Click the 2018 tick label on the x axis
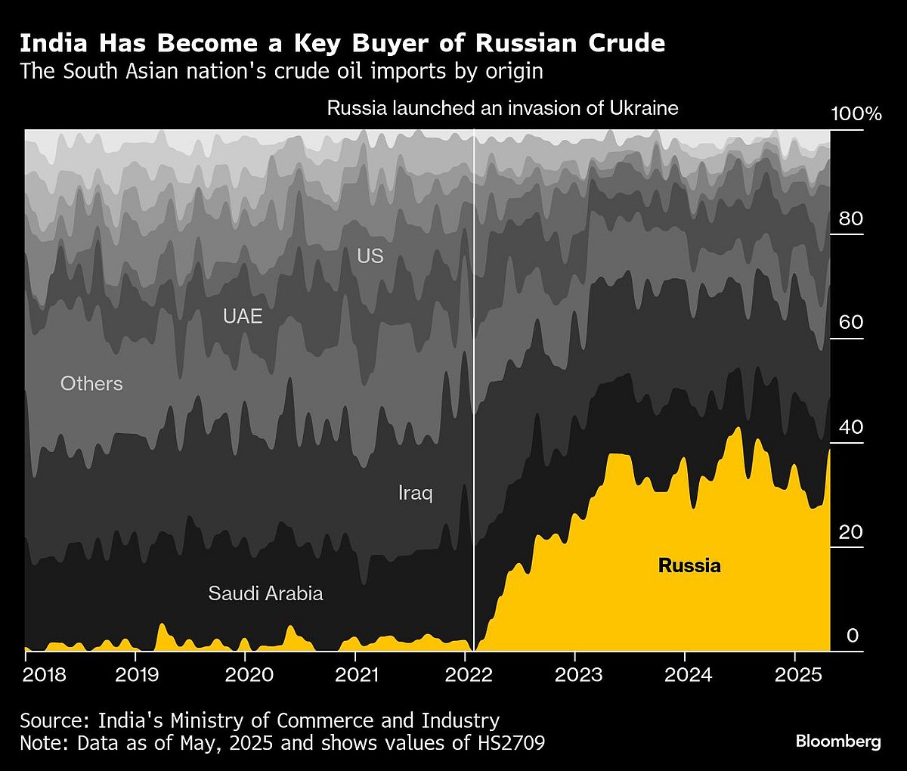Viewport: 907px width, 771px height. pos(45,674)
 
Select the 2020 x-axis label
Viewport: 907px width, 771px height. pos(246,674)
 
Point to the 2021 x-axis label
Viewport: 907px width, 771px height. pos(356,674)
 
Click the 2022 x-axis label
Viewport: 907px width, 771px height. pos(466,674)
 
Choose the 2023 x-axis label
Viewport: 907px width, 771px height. pos(578,674)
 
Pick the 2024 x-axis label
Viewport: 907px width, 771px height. pos(688,674)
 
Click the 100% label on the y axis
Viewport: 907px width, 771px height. pos(856,115)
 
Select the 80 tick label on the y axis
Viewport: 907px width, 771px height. pos(850,219)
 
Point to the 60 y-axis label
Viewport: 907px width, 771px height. pos(850,323)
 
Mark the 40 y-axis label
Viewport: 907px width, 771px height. pos(850,427)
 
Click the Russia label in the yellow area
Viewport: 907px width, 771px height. pos(689,565)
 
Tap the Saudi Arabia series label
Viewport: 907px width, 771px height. pos(265,593)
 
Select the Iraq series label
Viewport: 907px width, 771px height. pos(415,494)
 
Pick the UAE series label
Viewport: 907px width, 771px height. pos(243,316)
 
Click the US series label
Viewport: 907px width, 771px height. pos(370,256)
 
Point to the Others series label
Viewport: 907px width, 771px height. pos(91,384)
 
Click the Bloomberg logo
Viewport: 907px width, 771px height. pos(838,742)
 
